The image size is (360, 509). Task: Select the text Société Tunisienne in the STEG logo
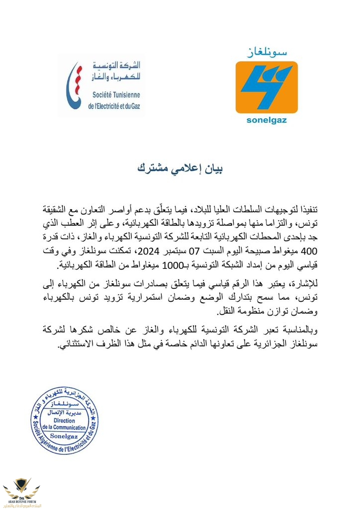point(116,94)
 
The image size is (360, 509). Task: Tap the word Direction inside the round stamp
point(64,421)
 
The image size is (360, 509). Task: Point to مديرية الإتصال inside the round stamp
point(64,413)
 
